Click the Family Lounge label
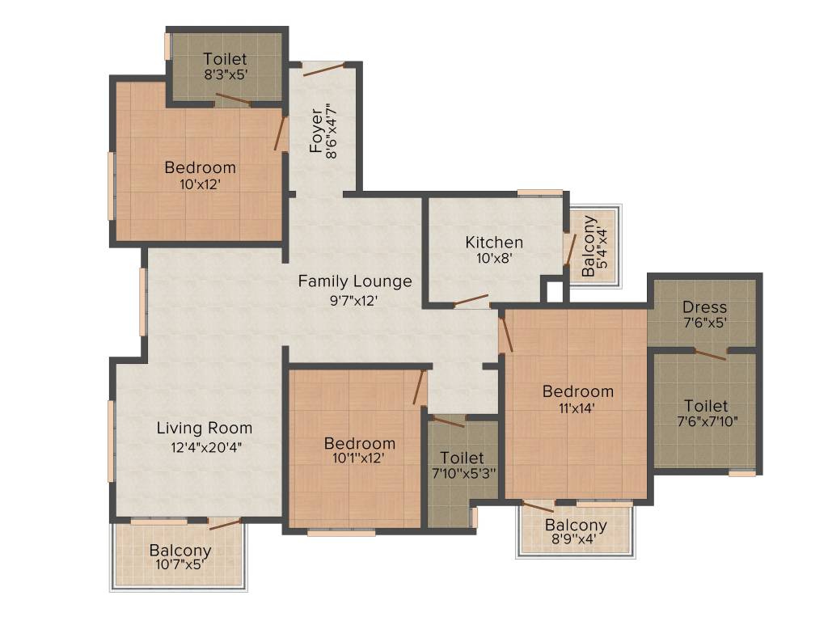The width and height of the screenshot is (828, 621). (x=355, y=281)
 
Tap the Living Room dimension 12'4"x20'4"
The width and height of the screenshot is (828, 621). (x=205, y=446)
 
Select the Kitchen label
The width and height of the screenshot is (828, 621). (x=494, y=242)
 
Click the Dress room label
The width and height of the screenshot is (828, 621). (x=704, y=307)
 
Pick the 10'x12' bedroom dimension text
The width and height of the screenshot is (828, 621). (x=200, y=184)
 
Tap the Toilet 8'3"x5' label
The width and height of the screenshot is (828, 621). (x=225, y=59)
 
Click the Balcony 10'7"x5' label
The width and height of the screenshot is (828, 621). (x=180, y=551)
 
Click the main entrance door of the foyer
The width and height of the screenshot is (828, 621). (x=325, y=68)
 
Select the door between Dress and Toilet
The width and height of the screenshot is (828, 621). (x=712, y=353)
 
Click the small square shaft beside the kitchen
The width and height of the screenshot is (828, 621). (x=554, y=290)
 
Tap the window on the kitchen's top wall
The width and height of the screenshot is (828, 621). (x=539, y=192)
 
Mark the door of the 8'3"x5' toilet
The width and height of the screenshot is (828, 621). (x=233, y=100)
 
